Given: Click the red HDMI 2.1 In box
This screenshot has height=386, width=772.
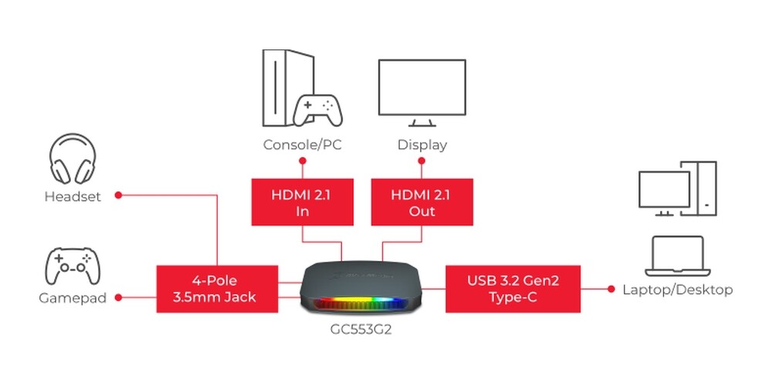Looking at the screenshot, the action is click(x=303, y=201).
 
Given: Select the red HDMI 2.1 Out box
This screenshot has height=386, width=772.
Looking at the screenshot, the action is click(x=422, y=201).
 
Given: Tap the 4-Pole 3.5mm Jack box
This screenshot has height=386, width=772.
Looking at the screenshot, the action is click(x=217, y=289).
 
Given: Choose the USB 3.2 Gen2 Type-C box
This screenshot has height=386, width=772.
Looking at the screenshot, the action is click(x=513, y=289).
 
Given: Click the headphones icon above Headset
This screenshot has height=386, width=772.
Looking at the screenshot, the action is click(x=73, y=158).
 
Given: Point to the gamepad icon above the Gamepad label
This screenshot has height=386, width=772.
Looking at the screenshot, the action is click(x=73, y=266).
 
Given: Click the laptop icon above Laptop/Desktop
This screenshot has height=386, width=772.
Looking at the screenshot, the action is click(x=678, y=256).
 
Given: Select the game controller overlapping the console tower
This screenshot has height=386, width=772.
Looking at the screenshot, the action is click(x=317, y=110).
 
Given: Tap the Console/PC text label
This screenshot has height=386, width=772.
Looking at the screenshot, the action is click(x=303, y=145).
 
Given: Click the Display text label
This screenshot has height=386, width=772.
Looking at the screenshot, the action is click(x=422, y=145).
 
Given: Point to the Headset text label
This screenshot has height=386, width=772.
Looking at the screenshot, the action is click(x=73, y=196).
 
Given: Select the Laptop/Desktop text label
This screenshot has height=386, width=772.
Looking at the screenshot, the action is click(x=678, y=289).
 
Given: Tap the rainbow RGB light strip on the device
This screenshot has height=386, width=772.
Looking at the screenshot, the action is click(x=361, y=303).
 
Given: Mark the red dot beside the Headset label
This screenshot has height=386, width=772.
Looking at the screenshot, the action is click(x=118, y=195).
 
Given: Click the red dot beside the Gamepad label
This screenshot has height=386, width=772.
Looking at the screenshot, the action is click(x=118, y=297).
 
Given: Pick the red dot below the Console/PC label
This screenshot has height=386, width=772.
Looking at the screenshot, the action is click(x=303, y=161).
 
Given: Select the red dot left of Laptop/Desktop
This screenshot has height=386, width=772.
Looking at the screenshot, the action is click(x=611, y=289).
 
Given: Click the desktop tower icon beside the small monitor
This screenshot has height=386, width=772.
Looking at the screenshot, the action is click(x=699, y=188).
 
